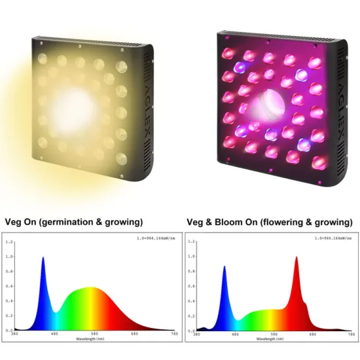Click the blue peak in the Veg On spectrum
pos(43,258)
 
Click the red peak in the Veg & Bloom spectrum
pos(297,258)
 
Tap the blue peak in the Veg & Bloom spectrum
pos(225,267)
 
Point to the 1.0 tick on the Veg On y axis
pos(9,257)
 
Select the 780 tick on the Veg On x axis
pos(174,334)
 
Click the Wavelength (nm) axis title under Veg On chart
pos(94,338)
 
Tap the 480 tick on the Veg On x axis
pos(54,334)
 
